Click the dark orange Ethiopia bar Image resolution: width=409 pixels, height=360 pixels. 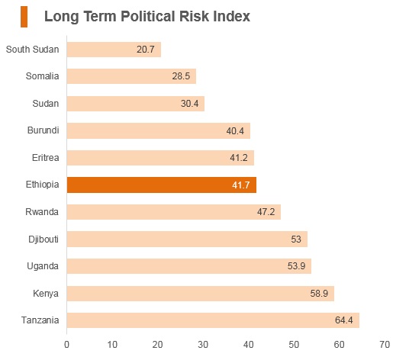(x=162, y=185)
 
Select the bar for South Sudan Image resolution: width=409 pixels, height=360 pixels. (x=114, y=50)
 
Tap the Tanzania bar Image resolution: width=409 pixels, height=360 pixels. (x=213, y=320)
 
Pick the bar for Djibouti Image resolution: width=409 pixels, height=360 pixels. (x=187, y=239)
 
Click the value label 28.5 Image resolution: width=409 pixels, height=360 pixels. (x=181, y=76)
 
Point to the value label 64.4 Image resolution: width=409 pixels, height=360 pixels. (x=344, y=320)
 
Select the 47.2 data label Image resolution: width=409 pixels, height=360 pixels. (x=266, y=212)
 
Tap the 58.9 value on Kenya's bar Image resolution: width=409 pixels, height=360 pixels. (x=319, y=294)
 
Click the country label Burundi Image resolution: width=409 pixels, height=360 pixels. (x=43, y=130)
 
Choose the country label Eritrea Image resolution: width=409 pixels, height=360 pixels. (x=45, y=158)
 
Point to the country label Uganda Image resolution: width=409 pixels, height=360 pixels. (x=43, y=266)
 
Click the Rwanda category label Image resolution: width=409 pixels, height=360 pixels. (x=42, y=212)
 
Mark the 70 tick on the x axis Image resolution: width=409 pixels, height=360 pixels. (x=385, y=345)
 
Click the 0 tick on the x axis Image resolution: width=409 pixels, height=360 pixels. (x=67, y=345)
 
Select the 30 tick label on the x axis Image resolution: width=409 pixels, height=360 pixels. (x=203, y=345)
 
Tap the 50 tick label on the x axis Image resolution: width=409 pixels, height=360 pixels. (x=294, y=345)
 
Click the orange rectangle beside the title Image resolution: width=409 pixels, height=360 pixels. (x=24, y=17)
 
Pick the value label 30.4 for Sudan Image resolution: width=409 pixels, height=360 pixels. (x=190, y=104)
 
